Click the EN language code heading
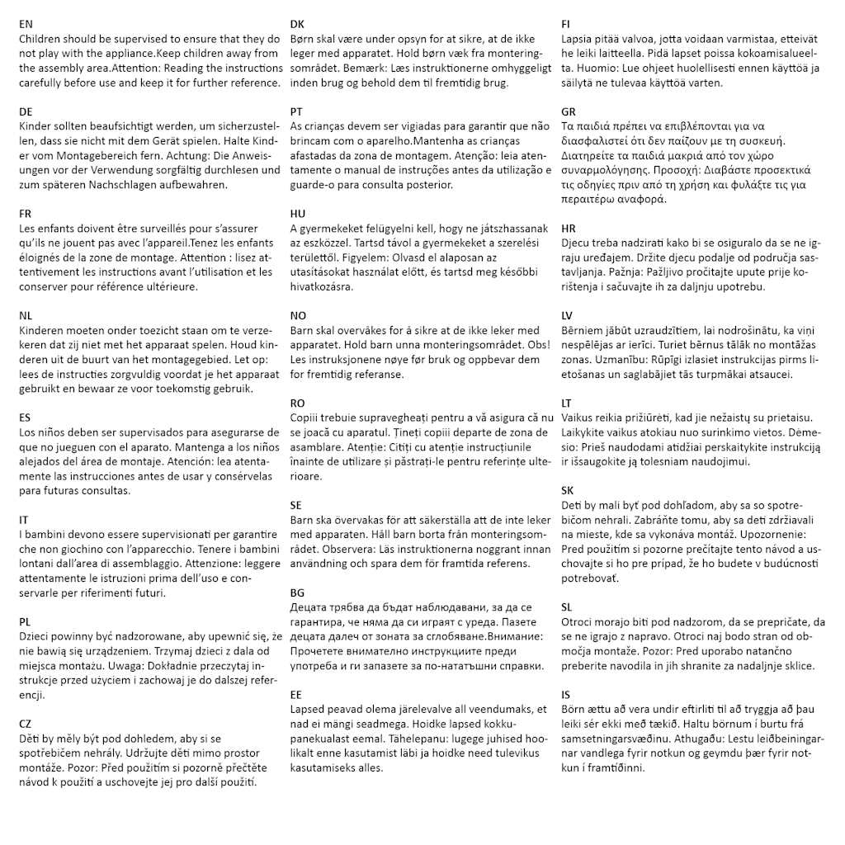[x=26, y=25]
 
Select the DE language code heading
[x=26, y=111]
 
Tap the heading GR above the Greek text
[x=569, y=111]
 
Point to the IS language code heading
[x=565, y=695]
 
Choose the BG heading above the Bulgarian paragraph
[x=297, y=592]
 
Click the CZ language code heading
[x=26, y=724]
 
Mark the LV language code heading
[x=567, y=315]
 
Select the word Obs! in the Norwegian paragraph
[x=528, y=345]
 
